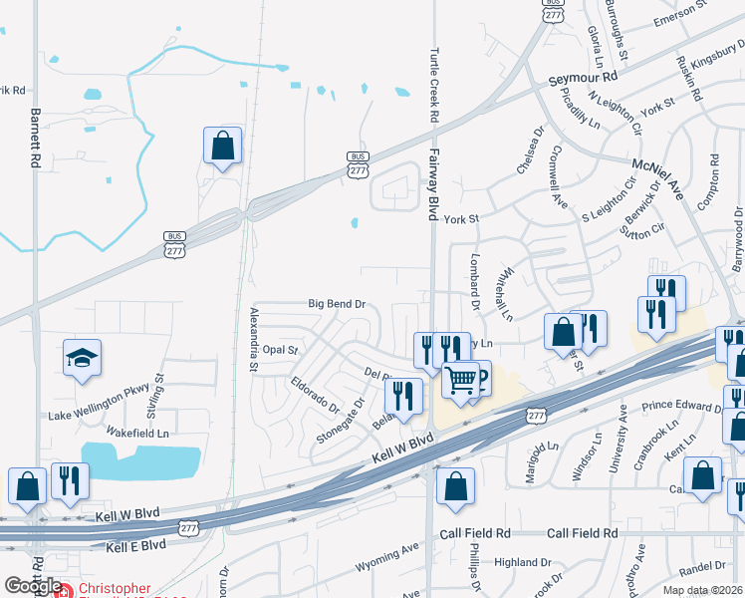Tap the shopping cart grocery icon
461,381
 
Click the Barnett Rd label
36,138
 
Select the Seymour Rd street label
584,77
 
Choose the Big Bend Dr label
338,303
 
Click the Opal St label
281,351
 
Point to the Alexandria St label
253,338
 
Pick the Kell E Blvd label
133,547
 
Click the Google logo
32,586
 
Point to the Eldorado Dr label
316,396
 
